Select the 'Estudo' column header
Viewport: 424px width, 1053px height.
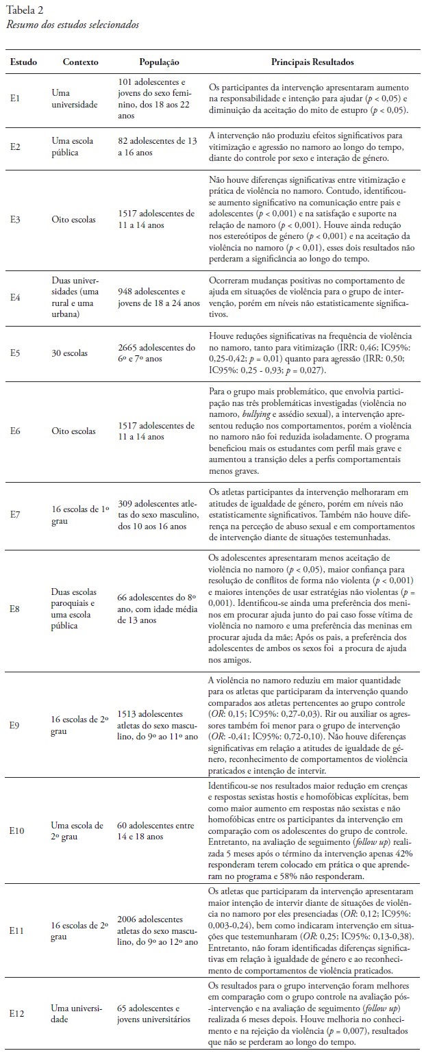[24, 62]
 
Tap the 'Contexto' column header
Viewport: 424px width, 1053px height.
[80, 62]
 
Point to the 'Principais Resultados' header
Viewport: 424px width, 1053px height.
[311, 62]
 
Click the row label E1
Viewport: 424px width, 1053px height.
[16, 99]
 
